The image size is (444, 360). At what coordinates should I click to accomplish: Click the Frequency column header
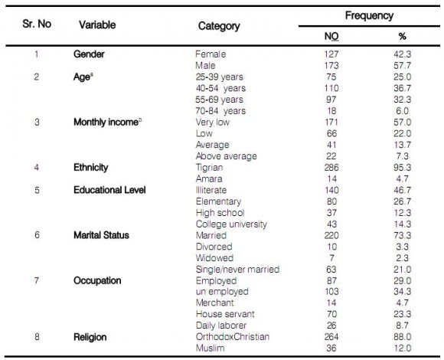click(369, 16)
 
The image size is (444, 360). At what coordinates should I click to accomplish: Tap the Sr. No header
click(37, 24)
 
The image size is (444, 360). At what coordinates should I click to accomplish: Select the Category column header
click(219, 26)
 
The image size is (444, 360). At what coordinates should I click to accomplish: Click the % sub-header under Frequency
click(402, 36)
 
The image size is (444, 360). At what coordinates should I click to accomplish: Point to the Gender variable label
click(89, 54)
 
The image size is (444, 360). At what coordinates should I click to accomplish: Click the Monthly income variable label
click(108, 122)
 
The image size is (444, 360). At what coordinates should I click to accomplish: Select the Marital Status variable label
click(101, 235)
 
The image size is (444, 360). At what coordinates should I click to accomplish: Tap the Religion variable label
click(90, 337)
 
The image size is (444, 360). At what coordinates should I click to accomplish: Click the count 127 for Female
click(331, 54)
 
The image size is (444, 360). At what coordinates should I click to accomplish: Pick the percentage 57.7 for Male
click(402, 65)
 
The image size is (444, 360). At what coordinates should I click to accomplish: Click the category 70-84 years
click(220, 111)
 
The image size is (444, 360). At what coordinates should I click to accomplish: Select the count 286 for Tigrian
click(331, 168)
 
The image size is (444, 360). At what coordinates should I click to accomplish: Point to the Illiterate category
click(211, 190)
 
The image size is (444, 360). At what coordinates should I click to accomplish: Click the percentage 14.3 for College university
click(402, 224)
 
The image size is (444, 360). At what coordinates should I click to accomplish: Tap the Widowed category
click(214, 258)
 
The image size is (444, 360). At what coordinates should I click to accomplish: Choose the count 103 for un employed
click(331, 292)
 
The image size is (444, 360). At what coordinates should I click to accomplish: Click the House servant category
click(225, 314)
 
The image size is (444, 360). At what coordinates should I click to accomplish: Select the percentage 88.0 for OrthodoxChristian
click(402, 337)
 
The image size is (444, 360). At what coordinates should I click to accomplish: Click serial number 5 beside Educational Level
click(37, 190)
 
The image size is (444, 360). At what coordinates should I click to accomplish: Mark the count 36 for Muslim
click(331, 348)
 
